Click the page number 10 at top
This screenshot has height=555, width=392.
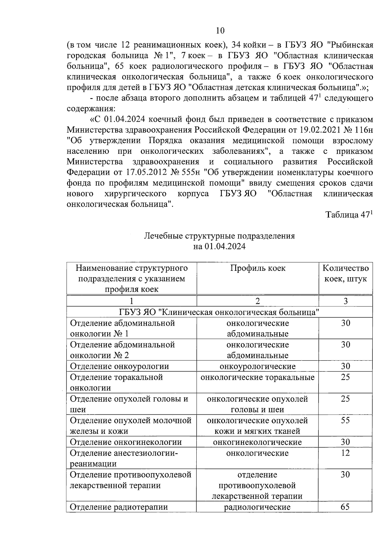(220, 30)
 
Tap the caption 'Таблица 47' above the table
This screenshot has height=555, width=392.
(348, 215)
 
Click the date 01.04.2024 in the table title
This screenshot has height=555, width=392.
(225, 247)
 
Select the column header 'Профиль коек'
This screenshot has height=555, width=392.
(258, 268)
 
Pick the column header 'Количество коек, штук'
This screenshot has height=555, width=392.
(346, 273)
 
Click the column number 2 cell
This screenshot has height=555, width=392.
(258, 301)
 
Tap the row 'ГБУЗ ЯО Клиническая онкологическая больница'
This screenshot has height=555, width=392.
(219, 312)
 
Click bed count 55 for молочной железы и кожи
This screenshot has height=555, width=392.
(345, 420)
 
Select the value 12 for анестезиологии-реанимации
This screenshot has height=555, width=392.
(345, 453)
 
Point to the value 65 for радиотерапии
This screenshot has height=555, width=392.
(345, 507)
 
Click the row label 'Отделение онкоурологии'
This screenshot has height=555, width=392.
(120, 366)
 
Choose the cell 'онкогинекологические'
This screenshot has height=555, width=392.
(257, 442)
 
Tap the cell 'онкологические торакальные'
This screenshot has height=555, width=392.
(257, 377)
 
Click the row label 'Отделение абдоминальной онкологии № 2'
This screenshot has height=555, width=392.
(123, 350)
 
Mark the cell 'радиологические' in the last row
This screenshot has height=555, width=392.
(257, 507)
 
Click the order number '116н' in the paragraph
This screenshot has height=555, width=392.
(363, 130)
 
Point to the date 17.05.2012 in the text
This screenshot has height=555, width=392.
(145, 172)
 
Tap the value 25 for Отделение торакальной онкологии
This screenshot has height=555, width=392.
(345, 377)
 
